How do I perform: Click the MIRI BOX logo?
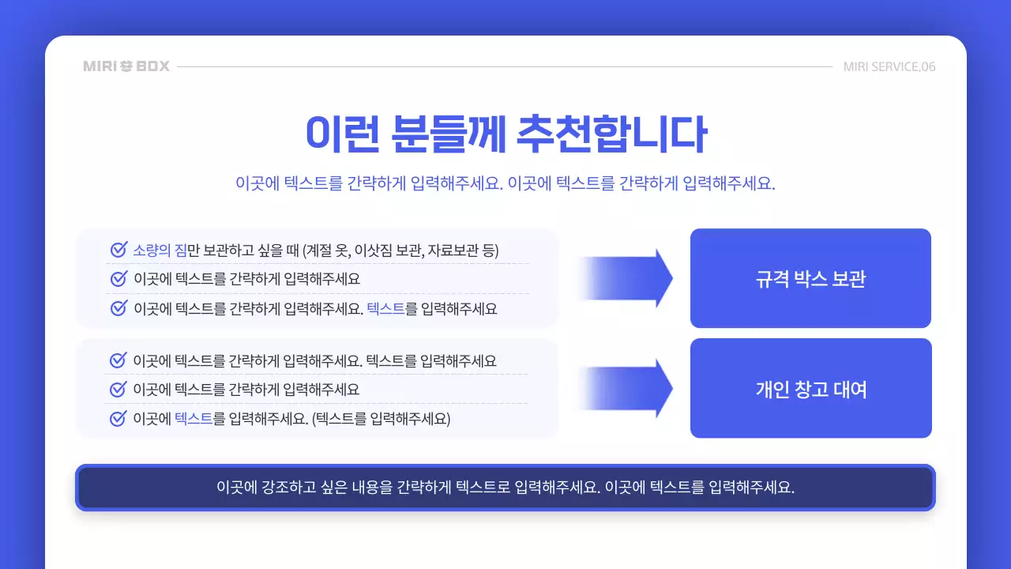click(126, 66)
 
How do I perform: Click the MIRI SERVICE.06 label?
click(889, 66)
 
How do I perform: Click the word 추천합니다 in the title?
click(610, 134)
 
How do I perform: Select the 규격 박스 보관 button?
click(810, 278)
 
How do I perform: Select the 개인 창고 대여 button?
click(810, 389)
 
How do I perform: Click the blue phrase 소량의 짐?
click(160, 251)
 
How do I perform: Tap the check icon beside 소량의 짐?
click(118, 251)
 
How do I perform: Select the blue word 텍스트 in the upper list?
click(385, 308)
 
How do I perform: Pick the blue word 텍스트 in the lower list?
click(194, 418)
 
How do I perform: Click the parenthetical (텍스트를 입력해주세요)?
click(381, 418)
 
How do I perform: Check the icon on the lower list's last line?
click(118, 418)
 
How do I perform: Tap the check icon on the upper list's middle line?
click(118, 279)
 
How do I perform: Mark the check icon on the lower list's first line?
click(118, 360)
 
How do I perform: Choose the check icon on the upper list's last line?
click(118, 308)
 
